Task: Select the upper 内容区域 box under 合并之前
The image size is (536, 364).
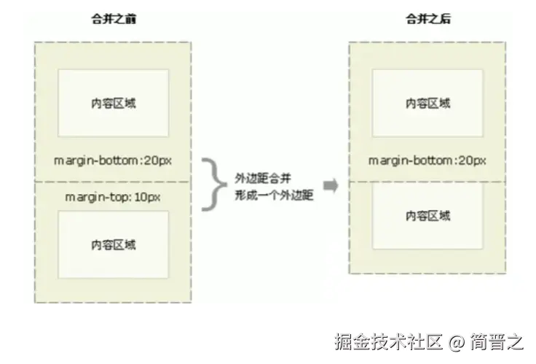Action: coord(113,103)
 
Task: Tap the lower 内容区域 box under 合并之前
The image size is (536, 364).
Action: coord(113,244)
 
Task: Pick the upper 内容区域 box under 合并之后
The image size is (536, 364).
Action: coord(427,103)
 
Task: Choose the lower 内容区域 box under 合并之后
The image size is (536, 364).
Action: coord(427,216)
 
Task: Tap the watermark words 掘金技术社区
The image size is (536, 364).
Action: coord(388,341)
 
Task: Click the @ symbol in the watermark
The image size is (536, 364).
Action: coord(456,341)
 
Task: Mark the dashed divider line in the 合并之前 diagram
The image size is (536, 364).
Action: coord(112,182)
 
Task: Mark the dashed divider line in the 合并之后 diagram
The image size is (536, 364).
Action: coord(427,182)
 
